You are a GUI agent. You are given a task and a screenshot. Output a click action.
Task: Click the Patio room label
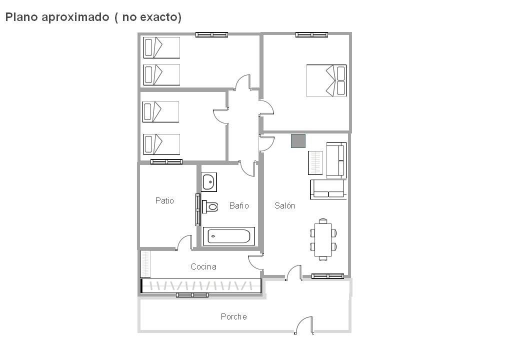coord(164,200)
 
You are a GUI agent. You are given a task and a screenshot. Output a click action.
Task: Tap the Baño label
coord(239,205)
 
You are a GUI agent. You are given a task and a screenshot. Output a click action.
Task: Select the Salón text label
coord(284,205)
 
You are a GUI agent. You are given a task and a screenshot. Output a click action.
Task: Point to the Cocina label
coord(203,266)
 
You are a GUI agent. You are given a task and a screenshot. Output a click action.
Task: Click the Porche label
coord(234,316)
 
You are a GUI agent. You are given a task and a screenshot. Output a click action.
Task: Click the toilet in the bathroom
coord(210,207)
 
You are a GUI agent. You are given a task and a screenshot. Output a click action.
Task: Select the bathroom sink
coord(209,182)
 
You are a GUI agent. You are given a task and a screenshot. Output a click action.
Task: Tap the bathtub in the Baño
coord(228,236)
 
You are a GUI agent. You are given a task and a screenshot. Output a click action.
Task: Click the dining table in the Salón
coord(323,239)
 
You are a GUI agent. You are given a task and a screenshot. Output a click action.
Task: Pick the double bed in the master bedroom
coord(326,80)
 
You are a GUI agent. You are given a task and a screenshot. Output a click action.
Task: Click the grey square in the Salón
coord(298,141)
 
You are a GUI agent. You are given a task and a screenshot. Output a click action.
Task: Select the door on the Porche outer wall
coord(304,325)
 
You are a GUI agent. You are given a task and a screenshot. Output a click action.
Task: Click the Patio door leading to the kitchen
coord(184,243)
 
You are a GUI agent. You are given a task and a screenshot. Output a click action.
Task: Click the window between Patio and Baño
coord(198,209)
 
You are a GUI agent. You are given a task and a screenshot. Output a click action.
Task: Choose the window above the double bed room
coord(311,35)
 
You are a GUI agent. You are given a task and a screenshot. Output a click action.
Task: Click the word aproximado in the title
coord(75,17)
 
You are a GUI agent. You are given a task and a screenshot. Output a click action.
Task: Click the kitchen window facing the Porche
coord(192,295)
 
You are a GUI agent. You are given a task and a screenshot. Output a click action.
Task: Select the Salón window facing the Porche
coord(327,276)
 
